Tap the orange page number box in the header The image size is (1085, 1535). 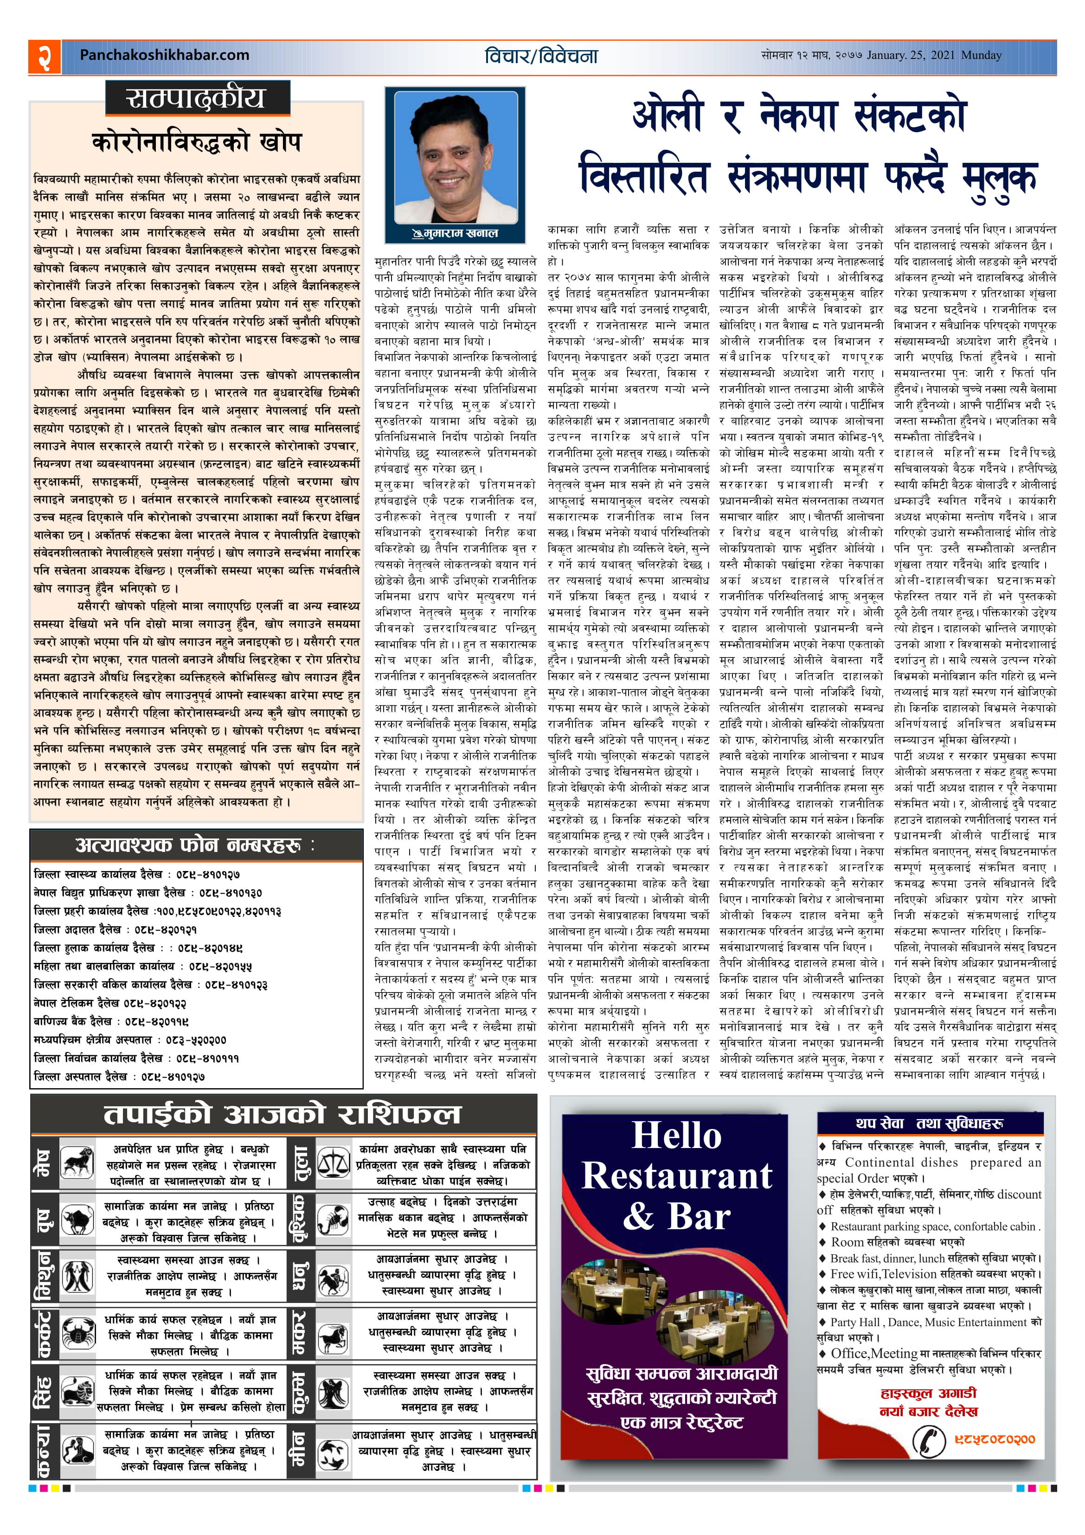44,57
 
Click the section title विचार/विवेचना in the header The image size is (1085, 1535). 541,56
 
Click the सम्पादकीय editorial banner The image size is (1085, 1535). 197,98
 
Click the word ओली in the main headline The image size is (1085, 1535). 667,116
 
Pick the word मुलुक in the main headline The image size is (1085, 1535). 999,179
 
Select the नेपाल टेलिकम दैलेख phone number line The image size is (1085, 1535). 110,1003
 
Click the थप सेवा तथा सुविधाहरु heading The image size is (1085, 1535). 929,1123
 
